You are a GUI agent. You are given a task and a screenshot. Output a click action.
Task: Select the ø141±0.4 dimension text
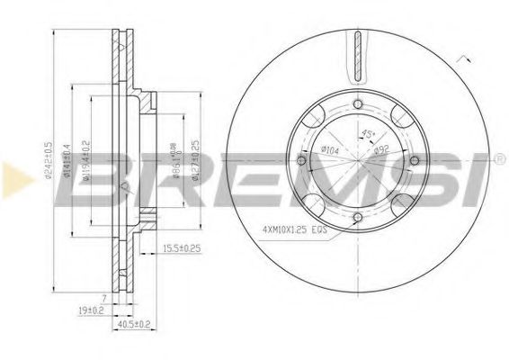(x=70, y=171)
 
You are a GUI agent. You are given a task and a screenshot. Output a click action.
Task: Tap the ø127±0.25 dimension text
(x=192, y=152)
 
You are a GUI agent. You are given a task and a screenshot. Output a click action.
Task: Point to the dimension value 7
(x=104, y=296)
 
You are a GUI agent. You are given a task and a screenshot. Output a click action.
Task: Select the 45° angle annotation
(x=366, y=134)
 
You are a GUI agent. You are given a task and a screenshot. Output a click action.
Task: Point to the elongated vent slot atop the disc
(x=357, y=53)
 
